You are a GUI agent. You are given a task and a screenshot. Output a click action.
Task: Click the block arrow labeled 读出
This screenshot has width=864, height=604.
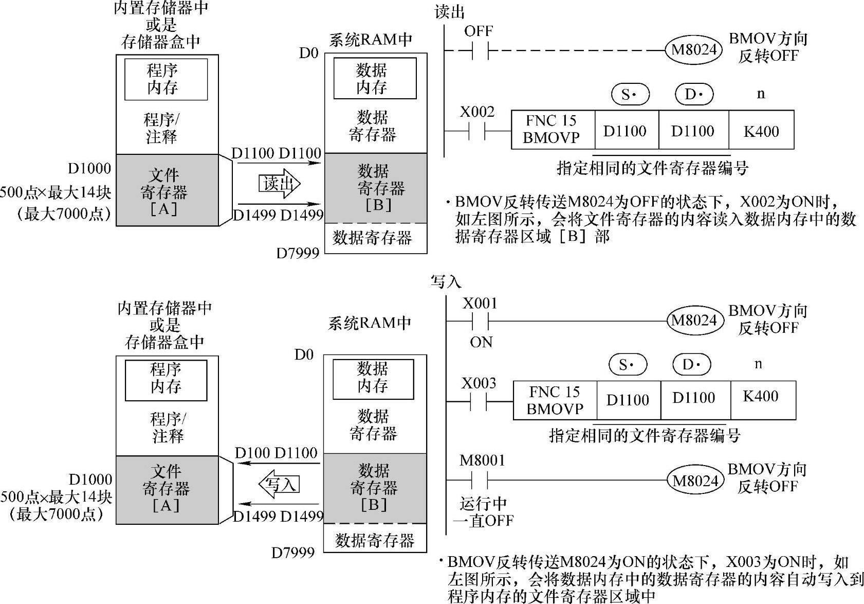click(x=279, y=184)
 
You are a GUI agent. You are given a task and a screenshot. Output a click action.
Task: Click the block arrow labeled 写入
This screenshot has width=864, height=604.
click(x=279, y=484)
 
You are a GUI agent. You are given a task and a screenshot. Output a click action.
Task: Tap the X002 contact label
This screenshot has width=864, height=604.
click(x=477, y=112)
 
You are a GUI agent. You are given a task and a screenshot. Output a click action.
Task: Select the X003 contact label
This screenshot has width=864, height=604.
click(x=479, y=383)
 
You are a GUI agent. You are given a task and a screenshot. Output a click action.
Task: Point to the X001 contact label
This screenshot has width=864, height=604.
click(x=480, y=304)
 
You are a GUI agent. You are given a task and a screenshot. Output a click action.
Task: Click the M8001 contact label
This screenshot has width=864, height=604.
click(x=482, y=460)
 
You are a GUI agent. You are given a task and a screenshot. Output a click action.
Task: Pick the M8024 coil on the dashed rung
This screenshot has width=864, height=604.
click(x=694, y=50)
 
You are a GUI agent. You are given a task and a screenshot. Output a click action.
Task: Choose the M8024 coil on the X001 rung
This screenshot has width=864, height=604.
click(x=694, y=321)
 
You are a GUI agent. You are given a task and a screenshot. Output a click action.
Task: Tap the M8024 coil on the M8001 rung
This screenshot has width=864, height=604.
click(x=695, y=481)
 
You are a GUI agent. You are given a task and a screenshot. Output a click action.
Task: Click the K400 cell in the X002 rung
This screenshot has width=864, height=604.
click(x=761, y=131)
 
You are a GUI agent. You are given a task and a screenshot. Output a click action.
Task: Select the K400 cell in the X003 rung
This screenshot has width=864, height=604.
click(x=761, y=397)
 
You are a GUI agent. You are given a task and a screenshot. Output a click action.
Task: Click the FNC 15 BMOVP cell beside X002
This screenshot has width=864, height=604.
click(x=551, y=129)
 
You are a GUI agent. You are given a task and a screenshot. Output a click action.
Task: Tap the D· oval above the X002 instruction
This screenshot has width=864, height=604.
click(x=694, y=94)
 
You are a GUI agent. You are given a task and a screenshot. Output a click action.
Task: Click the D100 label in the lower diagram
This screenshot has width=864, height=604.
click(x=252, y=453)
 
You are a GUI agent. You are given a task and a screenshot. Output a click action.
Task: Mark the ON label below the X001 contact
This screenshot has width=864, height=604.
click(x=481, y=342)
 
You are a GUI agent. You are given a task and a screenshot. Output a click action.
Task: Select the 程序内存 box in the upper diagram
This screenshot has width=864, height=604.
click(x=166, y=79)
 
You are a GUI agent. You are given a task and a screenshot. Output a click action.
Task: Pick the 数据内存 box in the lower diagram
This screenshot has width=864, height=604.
click(x=373, y=378)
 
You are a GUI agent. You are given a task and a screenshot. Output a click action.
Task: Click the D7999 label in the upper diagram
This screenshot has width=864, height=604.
click(x=298, y=253)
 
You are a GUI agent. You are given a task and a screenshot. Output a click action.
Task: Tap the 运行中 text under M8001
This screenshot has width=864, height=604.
click(x=483, y=504)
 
